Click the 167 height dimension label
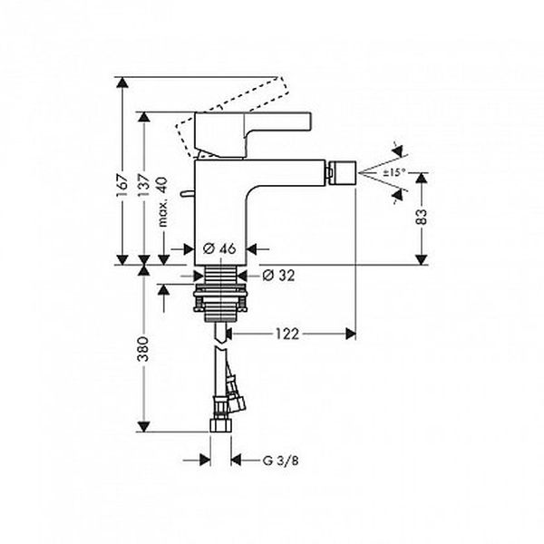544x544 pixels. click(x=122, y=185)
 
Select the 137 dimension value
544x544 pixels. click(x=144, y=186)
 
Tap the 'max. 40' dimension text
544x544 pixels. click(x=163, y=202)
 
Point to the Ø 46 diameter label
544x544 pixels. click(x=219, y=248)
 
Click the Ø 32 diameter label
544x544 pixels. click(x=278, y=276)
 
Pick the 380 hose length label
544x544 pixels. click(x=143, y=349)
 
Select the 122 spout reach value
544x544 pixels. click(x=287, y=334)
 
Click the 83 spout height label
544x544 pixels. click(x=422, y=217)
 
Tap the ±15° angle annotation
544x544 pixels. click(x=394, y=172)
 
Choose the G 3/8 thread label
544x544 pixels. click(x=280, y=461)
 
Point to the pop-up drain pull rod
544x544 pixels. click(x=188, y=193)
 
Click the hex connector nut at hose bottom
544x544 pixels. click(x=220, y=426)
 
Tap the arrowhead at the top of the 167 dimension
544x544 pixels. click(x=122, y=83)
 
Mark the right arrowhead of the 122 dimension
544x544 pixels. click(x=351, y=334)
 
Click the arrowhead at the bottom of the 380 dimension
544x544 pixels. click(x=143, y=427)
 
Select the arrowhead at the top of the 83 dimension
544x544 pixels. click(x=422, y=178)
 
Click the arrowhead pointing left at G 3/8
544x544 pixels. click(x=237, y=461)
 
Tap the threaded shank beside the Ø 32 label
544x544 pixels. click(x=221, y=275)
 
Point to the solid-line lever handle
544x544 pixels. click(x=252, y=134)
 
